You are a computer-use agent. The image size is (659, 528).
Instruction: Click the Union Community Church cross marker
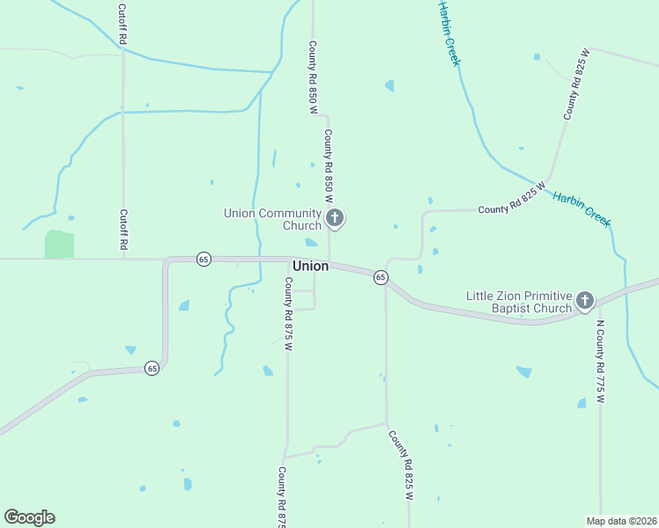pos(334,218)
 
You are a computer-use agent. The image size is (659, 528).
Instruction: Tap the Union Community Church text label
pos(273,218)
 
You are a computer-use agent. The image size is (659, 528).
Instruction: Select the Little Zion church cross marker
pos(584,302)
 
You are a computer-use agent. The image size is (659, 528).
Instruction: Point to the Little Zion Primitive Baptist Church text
pos(519,302)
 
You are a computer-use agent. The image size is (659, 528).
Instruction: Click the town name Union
pos(310,265)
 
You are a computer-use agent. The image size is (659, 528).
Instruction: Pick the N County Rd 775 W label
pos(600,360)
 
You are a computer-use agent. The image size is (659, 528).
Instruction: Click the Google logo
pos(29,517)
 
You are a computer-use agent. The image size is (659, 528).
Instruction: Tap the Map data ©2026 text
pos(621,521)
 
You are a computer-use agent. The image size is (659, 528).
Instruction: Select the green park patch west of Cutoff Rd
pos(59,245)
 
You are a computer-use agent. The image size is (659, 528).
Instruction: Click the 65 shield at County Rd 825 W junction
pos(381,277)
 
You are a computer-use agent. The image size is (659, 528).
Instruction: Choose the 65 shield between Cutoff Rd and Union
pos(204,259)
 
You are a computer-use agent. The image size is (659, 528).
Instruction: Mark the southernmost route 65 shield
pos(152,367)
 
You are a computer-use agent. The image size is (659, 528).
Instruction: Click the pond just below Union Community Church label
pos(311,243)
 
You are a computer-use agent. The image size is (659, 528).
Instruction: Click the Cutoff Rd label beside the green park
pos(124,231)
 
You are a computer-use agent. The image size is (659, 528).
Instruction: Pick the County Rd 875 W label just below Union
pos(287,313)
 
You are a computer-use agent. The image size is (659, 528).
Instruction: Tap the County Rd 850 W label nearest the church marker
pos(328,160)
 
